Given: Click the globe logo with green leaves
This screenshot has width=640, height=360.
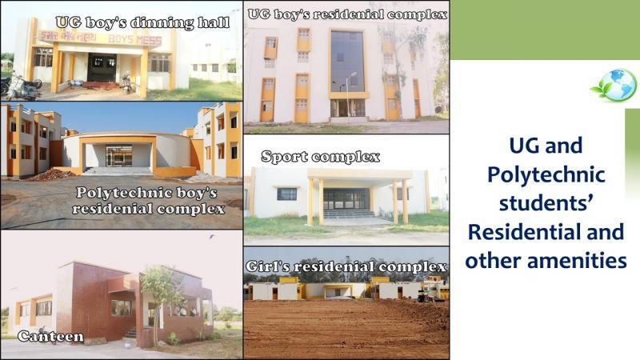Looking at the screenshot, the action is click(614, 86).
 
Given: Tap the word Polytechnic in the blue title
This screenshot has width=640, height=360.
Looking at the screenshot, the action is click(546, 174).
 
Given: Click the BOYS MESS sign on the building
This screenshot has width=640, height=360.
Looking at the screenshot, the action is click(135, 39).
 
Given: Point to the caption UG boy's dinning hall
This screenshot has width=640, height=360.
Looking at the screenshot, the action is click(142, 23).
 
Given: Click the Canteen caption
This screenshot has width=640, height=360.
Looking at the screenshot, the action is click(50, 336).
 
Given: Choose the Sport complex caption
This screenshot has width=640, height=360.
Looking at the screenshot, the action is click(321, 157).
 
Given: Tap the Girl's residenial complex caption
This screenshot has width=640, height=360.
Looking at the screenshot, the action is click(346, 266).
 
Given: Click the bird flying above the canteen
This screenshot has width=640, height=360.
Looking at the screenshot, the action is click(211, 236).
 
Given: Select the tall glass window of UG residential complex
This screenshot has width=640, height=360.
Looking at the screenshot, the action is click(347, 62).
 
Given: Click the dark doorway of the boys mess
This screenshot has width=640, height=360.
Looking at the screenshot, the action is click(102, 68).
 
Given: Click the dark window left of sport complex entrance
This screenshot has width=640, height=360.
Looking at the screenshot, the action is click(287, 194).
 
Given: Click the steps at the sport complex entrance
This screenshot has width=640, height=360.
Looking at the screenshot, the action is click(349, 214).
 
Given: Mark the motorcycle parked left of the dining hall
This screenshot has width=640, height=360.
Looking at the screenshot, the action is click(22, 86).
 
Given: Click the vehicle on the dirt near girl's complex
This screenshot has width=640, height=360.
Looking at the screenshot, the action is click(426, 297).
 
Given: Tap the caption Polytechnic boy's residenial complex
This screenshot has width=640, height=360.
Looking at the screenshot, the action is click(149, 201).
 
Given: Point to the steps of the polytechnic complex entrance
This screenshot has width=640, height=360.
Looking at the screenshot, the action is click(118, 171).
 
